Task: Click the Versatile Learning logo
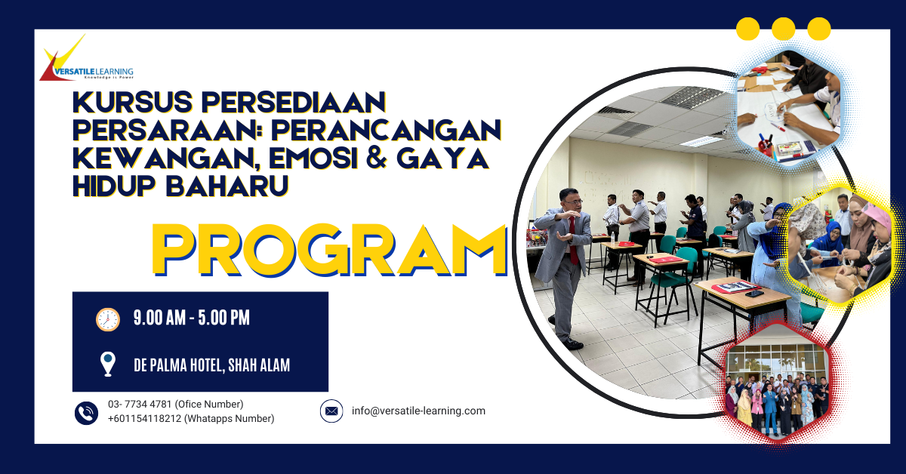85,60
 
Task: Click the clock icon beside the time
108,319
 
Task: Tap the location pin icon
108,364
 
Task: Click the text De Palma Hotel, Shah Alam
211,365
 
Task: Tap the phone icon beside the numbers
87,412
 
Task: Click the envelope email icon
331,411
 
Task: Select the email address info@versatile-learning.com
418,411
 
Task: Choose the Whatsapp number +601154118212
145,419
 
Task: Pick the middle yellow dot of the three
784,29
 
